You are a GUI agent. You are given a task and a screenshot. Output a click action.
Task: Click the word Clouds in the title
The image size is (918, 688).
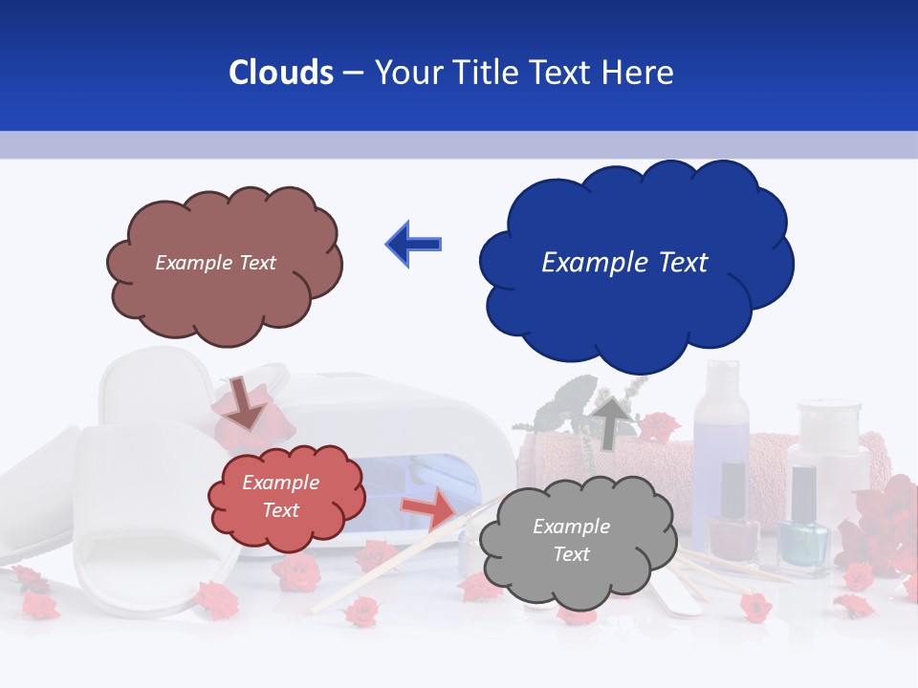tap(281, 73)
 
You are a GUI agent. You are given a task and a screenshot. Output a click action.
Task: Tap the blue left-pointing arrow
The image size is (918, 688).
tap(413, 245)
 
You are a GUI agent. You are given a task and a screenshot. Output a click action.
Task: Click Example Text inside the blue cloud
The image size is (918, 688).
tap(624, 263)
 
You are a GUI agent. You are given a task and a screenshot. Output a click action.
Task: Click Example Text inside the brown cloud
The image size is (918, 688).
tap(215, 263)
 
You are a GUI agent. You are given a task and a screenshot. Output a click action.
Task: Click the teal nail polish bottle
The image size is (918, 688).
tap(803, 530)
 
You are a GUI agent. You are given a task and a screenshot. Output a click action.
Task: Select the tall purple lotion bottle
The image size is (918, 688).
tap(722, 430)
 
